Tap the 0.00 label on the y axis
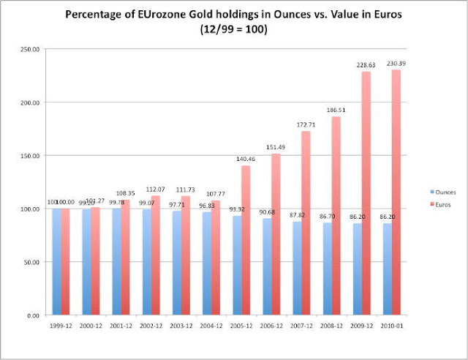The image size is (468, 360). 34,315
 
